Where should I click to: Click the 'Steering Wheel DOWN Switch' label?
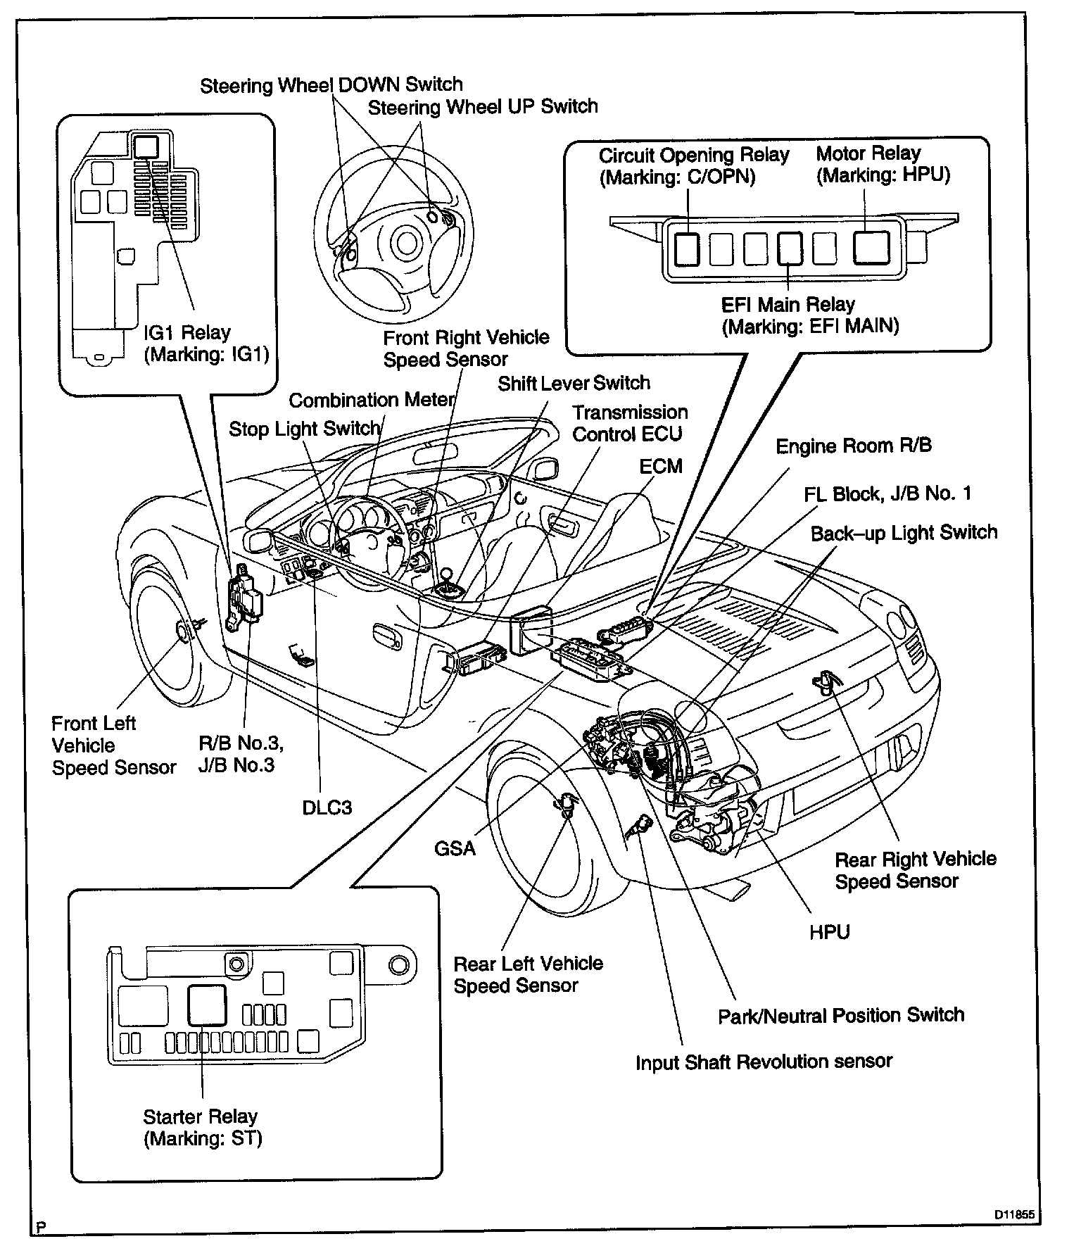(331, 85)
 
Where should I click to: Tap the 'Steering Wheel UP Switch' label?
(483, 107)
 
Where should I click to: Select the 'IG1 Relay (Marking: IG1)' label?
(206, 343)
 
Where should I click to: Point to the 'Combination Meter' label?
(372, 401)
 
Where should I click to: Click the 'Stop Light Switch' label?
(304, 429)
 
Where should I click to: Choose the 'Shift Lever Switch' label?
(574, 383)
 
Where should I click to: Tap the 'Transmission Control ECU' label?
(630, 423)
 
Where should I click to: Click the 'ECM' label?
(661, 466)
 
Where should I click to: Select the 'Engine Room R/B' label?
(853, 446)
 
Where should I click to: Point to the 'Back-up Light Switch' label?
(904, 532)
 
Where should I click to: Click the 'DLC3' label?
(327, 807)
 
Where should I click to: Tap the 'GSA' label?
(455, 848)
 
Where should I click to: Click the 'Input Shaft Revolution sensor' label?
(764, 1061)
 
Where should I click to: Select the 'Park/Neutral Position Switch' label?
(840, 1015)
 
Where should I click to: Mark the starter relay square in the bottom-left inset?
(207, 1005)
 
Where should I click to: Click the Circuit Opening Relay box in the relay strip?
(687, 248)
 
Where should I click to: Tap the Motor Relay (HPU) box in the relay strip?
(871, 248)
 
